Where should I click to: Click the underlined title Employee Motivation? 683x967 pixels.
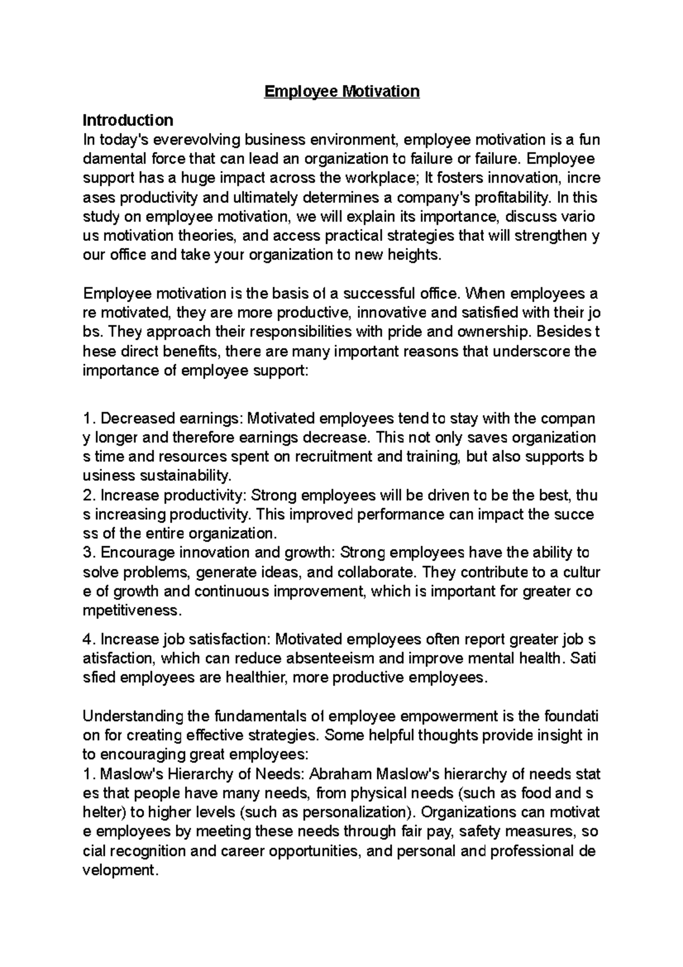[341, 91]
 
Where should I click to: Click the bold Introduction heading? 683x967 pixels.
[127, 120]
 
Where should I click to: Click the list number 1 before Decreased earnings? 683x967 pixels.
[87, 419]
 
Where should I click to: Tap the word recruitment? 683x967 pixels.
[323, 457]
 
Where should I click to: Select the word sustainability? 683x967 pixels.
[190, 476]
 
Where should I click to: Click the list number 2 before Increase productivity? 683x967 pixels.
[87, 495]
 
